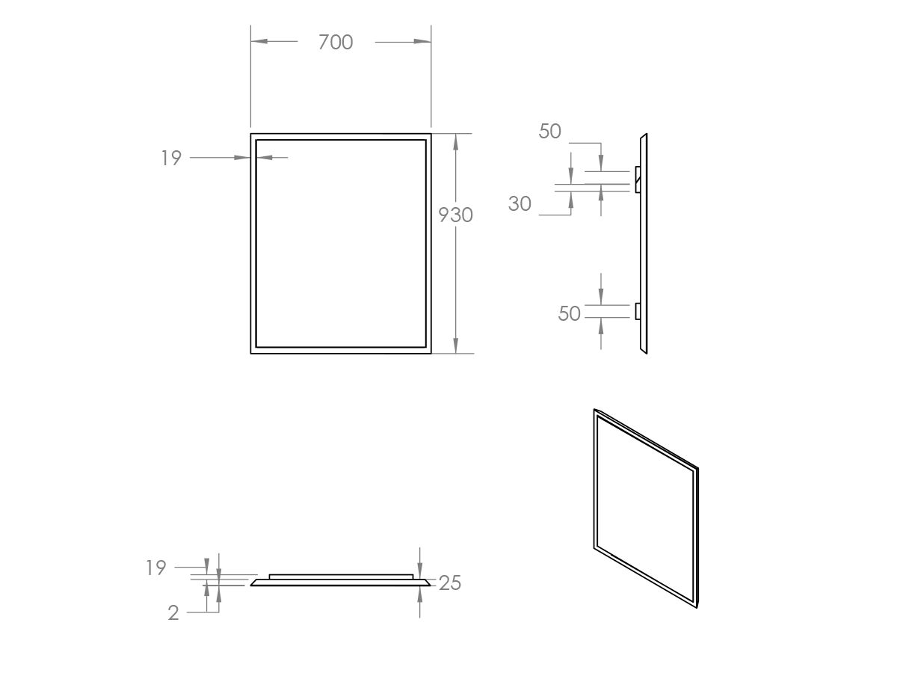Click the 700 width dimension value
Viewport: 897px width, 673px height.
pyautogui.click(x=336, y=42)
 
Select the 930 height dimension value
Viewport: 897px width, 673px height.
pyautogui.click(x=456, y=215)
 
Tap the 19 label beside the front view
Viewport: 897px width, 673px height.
pyautogui.click(x=171, y=158)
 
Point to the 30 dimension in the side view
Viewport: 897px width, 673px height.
pyautogui.click(x=520, y=203)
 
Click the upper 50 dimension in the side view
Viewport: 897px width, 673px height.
pyautogui.click(x=549, y=131)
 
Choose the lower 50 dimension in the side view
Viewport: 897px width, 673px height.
pyautogui.click(x=569, y=314)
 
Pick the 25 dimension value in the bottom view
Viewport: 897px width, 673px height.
pyautogui.click(x=450, y=583)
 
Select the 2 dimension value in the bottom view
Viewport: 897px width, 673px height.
pyautogui.click(x=173, y=613)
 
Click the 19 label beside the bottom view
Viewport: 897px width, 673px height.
pyautogui.click(x=156, y=568)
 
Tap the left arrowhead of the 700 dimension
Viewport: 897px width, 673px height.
pyautogui.click(x=259, y=41)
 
